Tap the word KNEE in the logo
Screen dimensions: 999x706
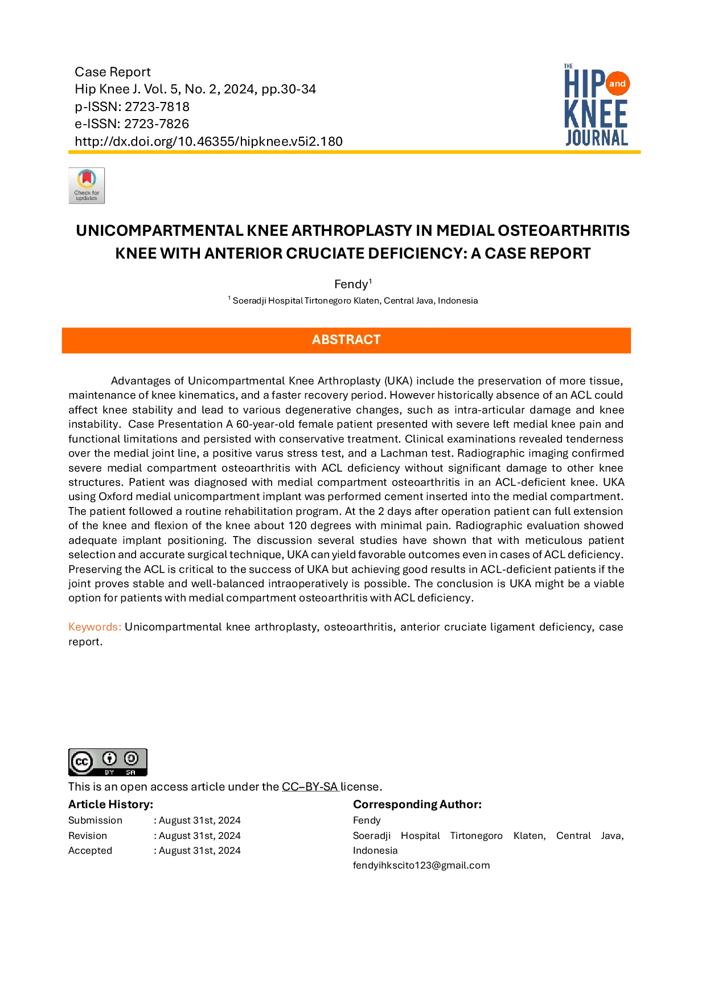pyautogui.click(x=596, y=114)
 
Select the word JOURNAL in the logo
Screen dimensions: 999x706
pyautogui.click(x=596, y=137)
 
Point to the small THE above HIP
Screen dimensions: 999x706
pyautogui.click(x=568, y=66)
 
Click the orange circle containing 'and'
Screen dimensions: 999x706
pyautogui.click(x=617, y=84)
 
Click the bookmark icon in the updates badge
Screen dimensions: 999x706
pyautogui.click(x=87, y=178)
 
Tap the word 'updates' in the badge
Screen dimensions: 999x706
pyautogui.click(x=87, y=198)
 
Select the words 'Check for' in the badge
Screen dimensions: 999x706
pyautogui.click(x=87, y=193)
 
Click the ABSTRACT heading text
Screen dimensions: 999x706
pyautogui.click(x=346, y=339)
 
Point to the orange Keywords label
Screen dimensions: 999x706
pyautogui.click(x=95, y=627)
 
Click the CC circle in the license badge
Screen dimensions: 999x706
pyautogui.click(x=81, y=761)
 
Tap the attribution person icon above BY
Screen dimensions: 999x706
pyautogui.click(x=109, y=758)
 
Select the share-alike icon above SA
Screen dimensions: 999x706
pyautogui.click(x=131, y=758)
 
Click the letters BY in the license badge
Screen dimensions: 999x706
pyautogui.click(x=109, y=772)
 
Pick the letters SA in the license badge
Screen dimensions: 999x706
pyautogui.click(x=131, y=772)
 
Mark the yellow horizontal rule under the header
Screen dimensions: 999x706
pyautogui.click(x=355, y=152)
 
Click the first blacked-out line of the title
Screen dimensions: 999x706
pyautogui.click(x=353, y=230)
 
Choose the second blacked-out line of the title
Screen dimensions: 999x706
pyautogui.click(x=353, y=253)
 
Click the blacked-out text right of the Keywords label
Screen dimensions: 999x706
pyautogui.click(x=373, y=627)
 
